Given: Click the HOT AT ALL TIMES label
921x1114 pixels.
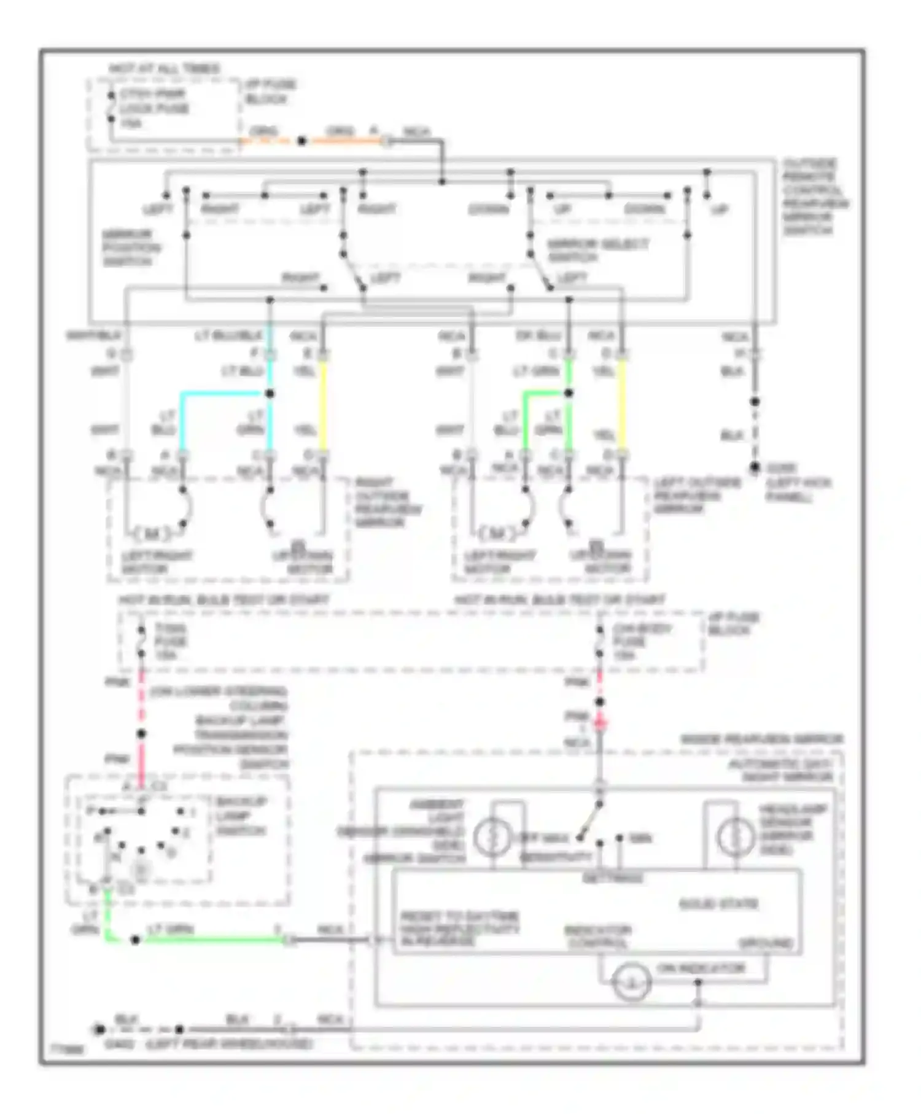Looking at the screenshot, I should [164, 68].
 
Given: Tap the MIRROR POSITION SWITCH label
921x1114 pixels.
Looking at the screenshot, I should [131, 247].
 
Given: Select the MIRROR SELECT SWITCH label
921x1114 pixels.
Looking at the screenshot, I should [597, 250].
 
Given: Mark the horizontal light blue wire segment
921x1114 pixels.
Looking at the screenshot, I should [224, 394].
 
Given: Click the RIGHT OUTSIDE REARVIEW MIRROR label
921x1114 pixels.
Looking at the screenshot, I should [387, 503].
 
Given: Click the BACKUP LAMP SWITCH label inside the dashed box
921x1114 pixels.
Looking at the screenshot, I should [241, 816].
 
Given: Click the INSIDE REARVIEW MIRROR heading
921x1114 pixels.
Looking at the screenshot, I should [761, 739].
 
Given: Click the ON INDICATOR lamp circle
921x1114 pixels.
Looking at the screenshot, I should [632, 981].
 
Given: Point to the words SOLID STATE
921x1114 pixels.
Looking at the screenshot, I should [718, 904].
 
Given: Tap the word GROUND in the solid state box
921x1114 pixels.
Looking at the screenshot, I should [765, 943].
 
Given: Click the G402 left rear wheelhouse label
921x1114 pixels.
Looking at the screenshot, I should [209, 1043].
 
